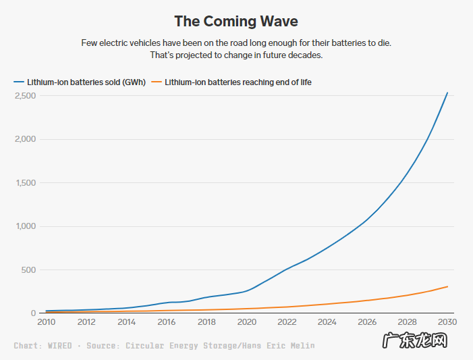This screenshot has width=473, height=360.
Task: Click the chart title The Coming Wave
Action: pos(236,21)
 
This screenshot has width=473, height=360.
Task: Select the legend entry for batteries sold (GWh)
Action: pos(86,82)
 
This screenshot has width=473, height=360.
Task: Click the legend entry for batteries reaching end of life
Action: pos(238,82)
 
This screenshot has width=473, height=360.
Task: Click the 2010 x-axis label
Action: pos(46,322)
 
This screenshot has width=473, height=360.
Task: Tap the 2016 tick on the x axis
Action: pos(166,322)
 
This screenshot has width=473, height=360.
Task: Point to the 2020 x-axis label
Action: pos(246,322)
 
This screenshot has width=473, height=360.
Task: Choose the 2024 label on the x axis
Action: pos(327,322)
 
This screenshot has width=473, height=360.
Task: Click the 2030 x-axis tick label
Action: pos(447,322)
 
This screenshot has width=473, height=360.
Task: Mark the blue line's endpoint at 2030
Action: pos(447,93)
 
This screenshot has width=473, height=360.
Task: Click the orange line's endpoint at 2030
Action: pos(447,286)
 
